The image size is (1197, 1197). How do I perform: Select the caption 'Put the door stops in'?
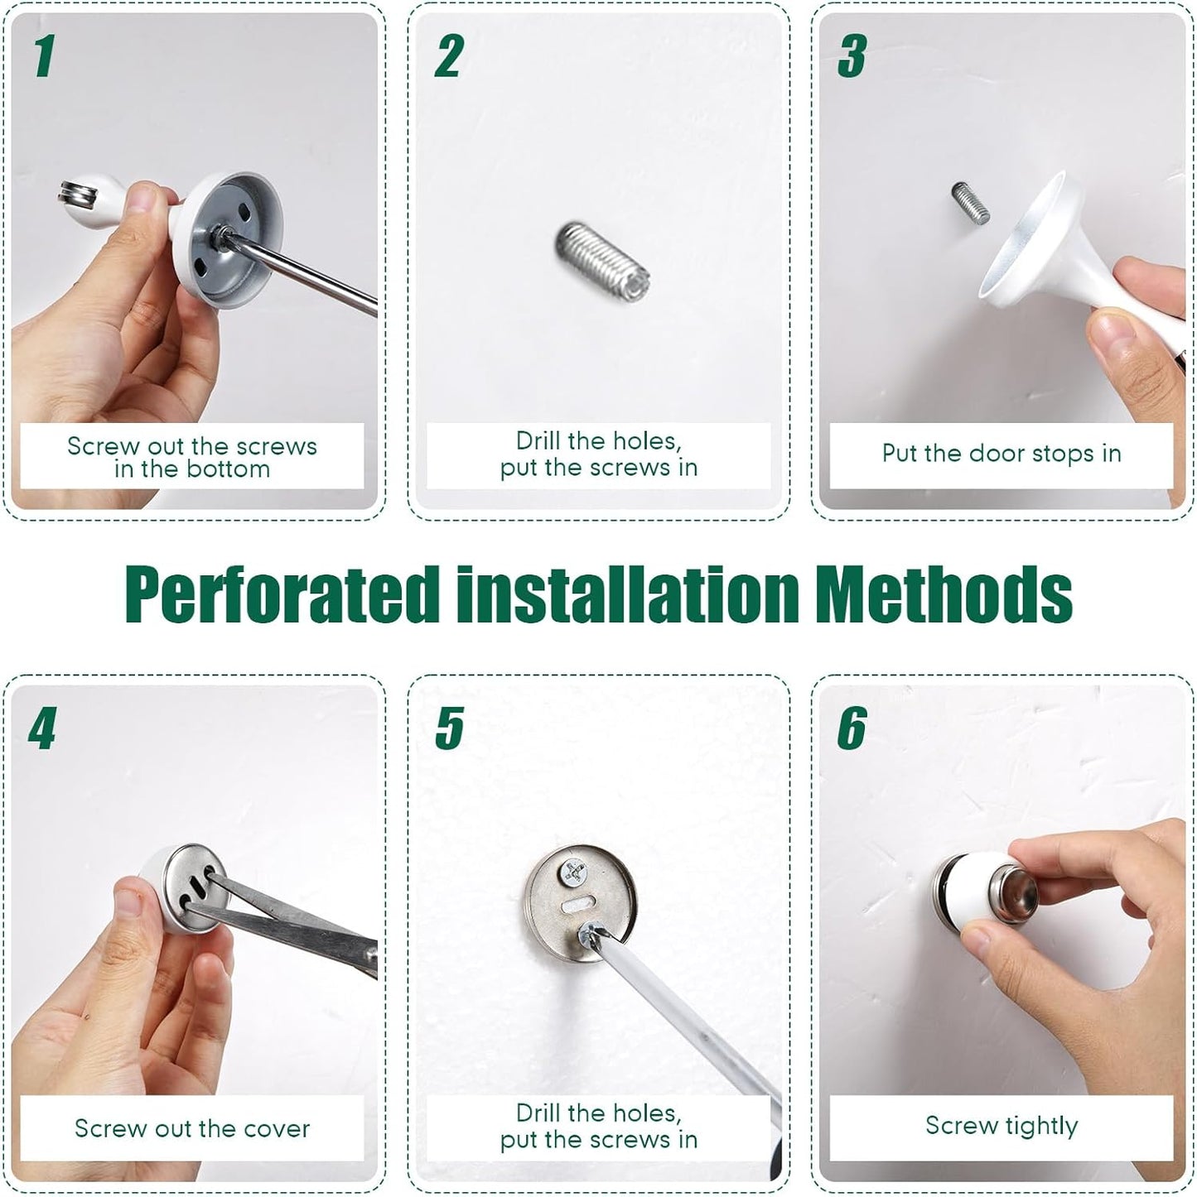[1001, 454]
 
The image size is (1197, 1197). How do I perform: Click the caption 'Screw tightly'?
[1001, 1126]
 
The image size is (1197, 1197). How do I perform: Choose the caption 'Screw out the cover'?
[191, 1128]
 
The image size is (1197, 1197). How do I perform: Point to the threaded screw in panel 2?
[603, 259]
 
